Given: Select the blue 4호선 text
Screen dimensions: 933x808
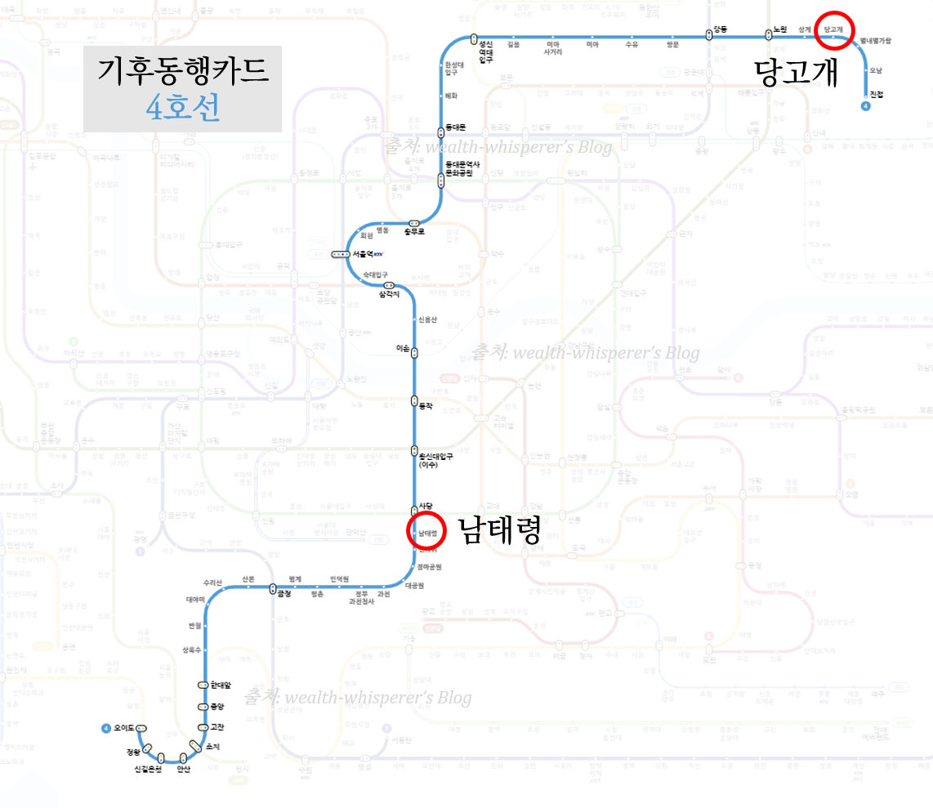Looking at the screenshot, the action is [183, 107].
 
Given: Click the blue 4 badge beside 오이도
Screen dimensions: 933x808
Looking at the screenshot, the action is [105, 728].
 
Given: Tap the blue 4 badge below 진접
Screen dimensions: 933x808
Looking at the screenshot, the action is [866, 105].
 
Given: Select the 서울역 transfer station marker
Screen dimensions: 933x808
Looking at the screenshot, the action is [341, 254].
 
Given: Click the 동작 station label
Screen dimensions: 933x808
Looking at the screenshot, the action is [424, 406].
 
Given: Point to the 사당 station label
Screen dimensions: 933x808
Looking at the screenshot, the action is [424, 506].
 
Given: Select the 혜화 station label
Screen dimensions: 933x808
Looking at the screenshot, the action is [451, 96].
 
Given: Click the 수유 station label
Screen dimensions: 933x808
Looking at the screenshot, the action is [632, 44].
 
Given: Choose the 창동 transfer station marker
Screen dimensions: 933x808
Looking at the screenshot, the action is [709, 34].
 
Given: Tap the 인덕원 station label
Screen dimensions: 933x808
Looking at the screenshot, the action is [339, 578].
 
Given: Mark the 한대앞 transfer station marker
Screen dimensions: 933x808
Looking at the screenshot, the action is [203, 685].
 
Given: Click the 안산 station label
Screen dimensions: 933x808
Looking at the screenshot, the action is [184, 769].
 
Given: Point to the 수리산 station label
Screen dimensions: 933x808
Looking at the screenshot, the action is [213, 583].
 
